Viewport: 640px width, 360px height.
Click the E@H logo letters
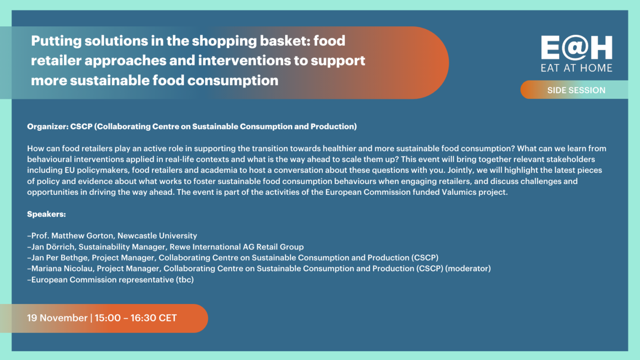pyautogui.click(x=576, y=48)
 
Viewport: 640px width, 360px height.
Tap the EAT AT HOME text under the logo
pyautogui.click(x=576, y=68)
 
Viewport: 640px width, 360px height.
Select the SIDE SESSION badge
pyautogui.click(x=574, y=90)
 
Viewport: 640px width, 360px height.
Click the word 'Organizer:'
pyautogui.click(x=48, y=127)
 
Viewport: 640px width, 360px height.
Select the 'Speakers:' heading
pyautogui.click(x=47, y=214)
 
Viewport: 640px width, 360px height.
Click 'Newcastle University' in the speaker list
pyautogui.click(x=157, y=236)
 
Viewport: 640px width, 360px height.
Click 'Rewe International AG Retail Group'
pyautogui.click(x=237, y=247)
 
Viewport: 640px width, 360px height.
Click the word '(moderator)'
pyautogui.click(x=468, y=269)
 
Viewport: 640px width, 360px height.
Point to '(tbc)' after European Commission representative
pyautogui.click(x=185, y=280)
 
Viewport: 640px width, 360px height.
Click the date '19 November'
pyautogui.click(x=57, y=318)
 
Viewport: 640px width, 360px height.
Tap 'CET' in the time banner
pyautogui.click(x=168, y=318)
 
